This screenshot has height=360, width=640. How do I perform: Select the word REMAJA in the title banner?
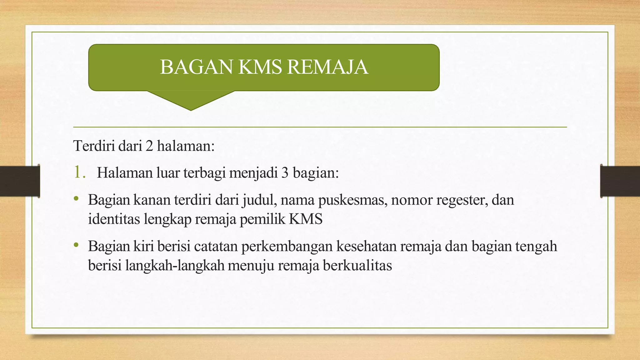point(327,67)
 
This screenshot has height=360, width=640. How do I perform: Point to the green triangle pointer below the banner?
point(191,100)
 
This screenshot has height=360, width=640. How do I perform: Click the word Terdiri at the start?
point(94,146)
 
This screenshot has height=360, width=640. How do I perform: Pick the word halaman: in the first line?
point(186,146)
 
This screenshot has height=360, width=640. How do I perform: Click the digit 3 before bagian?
point(285,173)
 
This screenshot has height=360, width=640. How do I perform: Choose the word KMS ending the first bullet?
point(306,219)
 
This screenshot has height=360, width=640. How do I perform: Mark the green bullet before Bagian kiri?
point(76,245)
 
